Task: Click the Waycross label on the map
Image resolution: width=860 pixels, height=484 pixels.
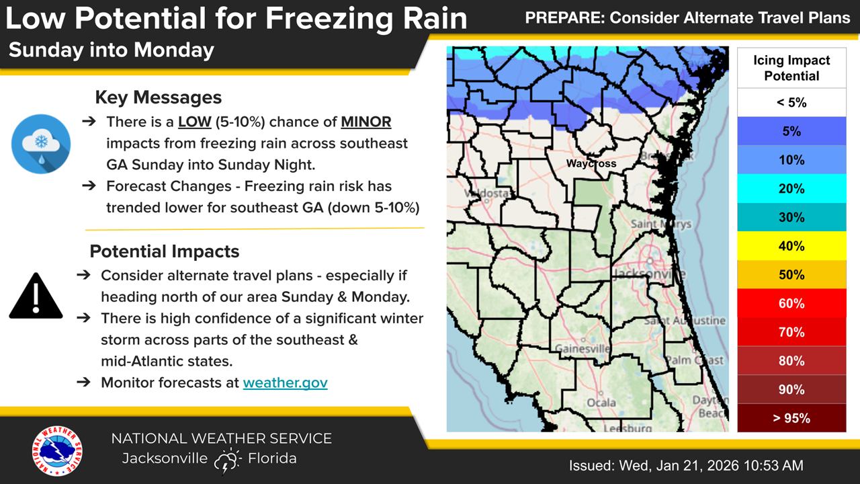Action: pos(591,163)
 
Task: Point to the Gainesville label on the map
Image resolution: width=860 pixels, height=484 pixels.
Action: pos(583,349)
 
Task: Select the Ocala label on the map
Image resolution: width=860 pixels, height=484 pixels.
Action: pos(601,403)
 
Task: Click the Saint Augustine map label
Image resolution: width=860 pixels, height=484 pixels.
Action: pos(685,321)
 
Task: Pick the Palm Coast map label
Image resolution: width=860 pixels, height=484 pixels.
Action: pos(694,360)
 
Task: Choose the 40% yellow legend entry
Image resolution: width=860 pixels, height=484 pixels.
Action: pos(791,246)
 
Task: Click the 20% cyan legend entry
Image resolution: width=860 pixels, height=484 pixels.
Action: pos(791,189)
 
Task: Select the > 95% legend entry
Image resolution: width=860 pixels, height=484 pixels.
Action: pos(791,418)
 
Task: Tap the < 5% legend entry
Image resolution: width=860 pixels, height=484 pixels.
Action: pos(791,103)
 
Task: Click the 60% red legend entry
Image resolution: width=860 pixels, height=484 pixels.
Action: pos(791,304)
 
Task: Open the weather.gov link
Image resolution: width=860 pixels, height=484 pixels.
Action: pos(285,382)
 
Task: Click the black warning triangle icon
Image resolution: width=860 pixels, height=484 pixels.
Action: pos(36,296)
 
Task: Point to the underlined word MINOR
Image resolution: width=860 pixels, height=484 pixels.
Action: pos(366,122)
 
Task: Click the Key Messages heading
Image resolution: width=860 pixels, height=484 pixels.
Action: pos(158,97)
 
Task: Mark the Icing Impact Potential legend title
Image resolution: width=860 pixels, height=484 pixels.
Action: pos(791,68)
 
